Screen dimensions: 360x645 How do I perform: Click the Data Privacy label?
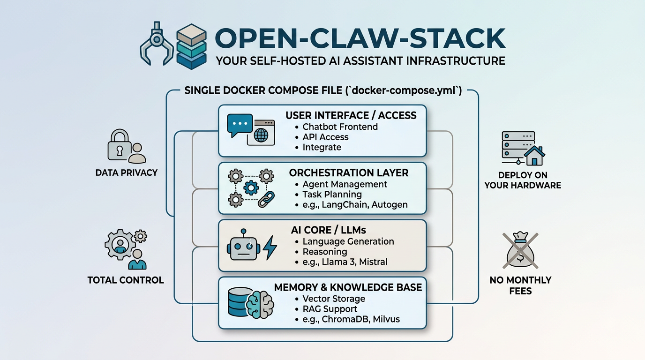coord(127,172)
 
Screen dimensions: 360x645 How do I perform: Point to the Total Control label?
coord(126,280)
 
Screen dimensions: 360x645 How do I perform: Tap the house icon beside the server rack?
coord(534,155)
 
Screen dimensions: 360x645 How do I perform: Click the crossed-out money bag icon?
coord(520,251)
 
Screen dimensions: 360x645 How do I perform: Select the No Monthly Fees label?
coord(520,285)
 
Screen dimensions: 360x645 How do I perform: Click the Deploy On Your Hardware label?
coord(523,180)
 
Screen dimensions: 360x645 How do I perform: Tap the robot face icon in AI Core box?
coord(243,246)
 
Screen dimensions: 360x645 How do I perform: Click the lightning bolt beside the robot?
coord(270,248)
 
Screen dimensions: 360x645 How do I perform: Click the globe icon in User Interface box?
coord(261,135)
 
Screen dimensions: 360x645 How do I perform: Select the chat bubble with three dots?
coord(240,124)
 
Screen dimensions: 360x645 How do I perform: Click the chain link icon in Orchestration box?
coord(266,199)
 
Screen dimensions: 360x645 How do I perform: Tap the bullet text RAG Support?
coord(330,309)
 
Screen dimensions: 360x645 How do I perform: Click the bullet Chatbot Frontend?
coord(340,127)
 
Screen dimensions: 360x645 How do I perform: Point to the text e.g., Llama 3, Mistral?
coord(345,262)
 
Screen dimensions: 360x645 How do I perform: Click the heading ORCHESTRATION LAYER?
coord(349,172)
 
